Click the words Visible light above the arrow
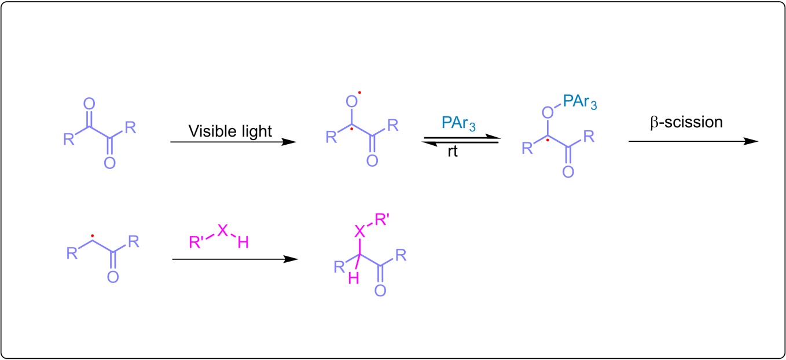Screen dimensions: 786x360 click(x=230, y=131)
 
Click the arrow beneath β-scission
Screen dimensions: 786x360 click(x=692, y=141)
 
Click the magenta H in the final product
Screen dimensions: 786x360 click(x=352, y=279)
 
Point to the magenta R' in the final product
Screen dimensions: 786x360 click(x=381, y=219)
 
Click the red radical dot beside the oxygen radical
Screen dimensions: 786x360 click(x=359, y=92)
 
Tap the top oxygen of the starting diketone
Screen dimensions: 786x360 click(x=89, y=104)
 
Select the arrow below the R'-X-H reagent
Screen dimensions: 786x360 click(x=234, y=259)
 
